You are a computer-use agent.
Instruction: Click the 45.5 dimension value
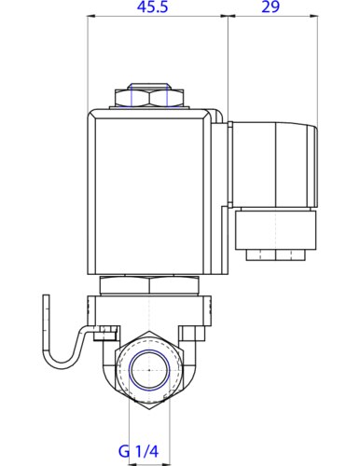(x=152, y=7)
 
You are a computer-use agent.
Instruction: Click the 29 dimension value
(x=270, y=7)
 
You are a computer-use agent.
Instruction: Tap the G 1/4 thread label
(x=139, y=451)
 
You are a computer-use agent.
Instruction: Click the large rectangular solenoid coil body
(x=149, y=192)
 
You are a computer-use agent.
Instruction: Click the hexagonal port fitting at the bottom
(x=149, y=370)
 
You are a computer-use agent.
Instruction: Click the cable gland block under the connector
(x=276, y=229)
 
